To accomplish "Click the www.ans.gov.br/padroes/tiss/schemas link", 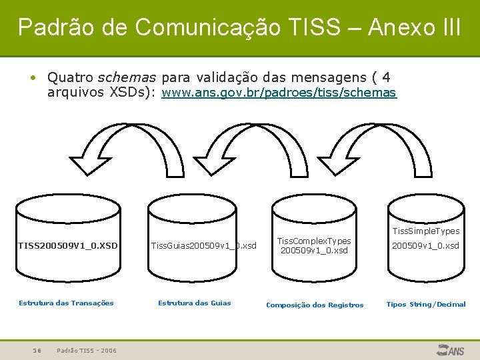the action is tap(279, 93).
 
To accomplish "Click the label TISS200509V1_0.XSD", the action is tap(67, 245).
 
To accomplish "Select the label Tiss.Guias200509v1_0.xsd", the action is tap(203, 245).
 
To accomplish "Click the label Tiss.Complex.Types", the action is tap(314, 241).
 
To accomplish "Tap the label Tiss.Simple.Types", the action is tap(425, 231).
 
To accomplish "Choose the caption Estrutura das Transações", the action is tap(66, 303).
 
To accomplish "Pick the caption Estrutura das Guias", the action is tap(194, 303).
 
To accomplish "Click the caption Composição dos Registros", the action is tap(315, 305).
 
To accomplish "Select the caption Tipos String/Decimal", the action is tap(426, 304).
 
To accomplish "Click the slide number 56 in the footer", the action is tap(38, 350).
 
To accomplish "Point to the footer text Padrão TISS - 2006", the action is tap(87, 350).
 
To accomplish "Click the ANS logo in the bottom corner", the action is tap(451, 349).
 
